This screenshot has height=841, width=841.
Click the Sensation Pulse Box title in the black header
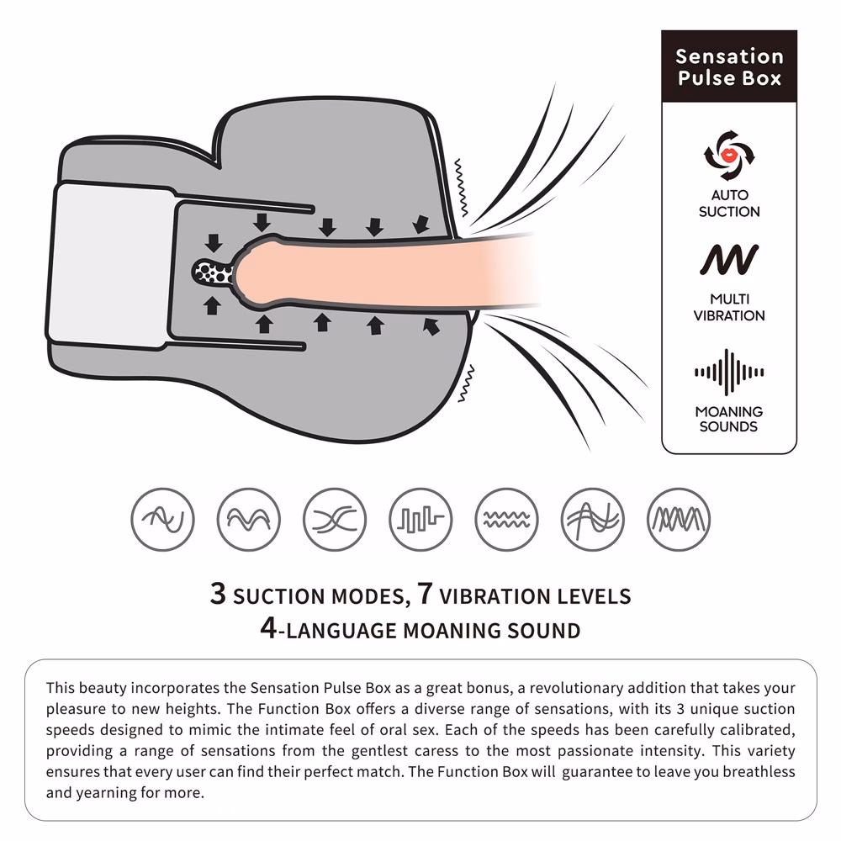[x=729, y=66]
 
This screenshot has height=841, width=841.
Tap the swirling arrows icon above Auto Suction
[x=729, y=155]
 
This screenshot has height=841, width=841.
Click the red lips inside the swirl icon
[x=729, y=155]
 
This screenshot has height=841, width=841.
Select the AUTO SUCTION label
[x=729, y=204]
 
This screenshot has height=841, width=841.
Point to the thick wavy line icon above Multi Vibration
[x=729, y=260]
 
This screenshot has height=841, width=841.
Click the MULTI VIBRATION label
[x=729, y=307]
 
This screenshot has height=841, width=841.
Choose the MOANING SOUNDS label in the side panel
[x=729, y=419]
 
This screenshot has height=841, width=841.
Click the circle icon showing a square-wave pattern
[x=420, y=519]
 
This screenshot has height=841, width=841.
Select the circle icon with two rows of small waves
[x=506, y=519]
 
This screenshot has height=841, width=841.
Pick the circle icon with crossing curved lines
[x=335, y=519]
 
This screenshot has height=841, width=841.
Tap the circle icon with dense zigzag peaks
[x=679, y=519]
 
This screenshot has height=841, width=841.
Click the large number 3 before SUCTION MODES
[x=218, y=594]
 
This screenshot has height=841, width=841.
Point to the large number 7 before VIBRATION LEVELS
[x=425, y=594]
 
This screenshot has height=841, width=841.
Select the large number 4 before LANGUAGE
[x=268, y=627]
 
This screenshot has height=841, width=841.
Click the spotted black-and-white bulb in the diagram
[x=213, y=272]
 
